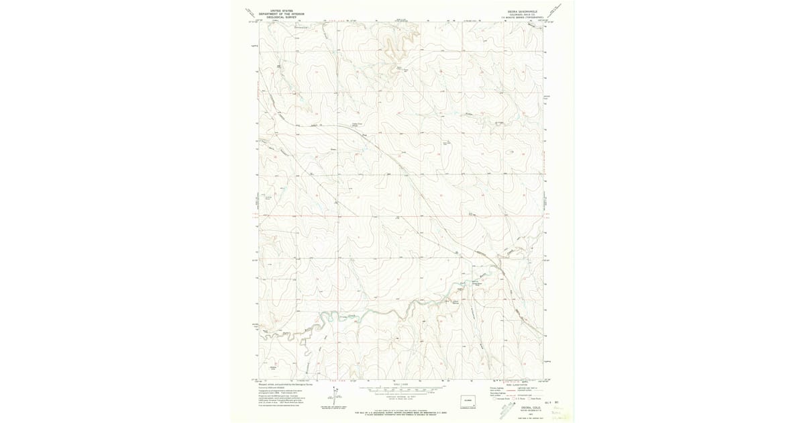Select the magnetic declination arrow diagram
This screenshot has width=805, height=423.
333,396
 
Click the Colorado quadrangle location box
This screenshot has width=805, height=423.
468,400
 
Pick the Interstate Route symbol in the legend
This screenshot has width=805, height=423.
497,399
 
